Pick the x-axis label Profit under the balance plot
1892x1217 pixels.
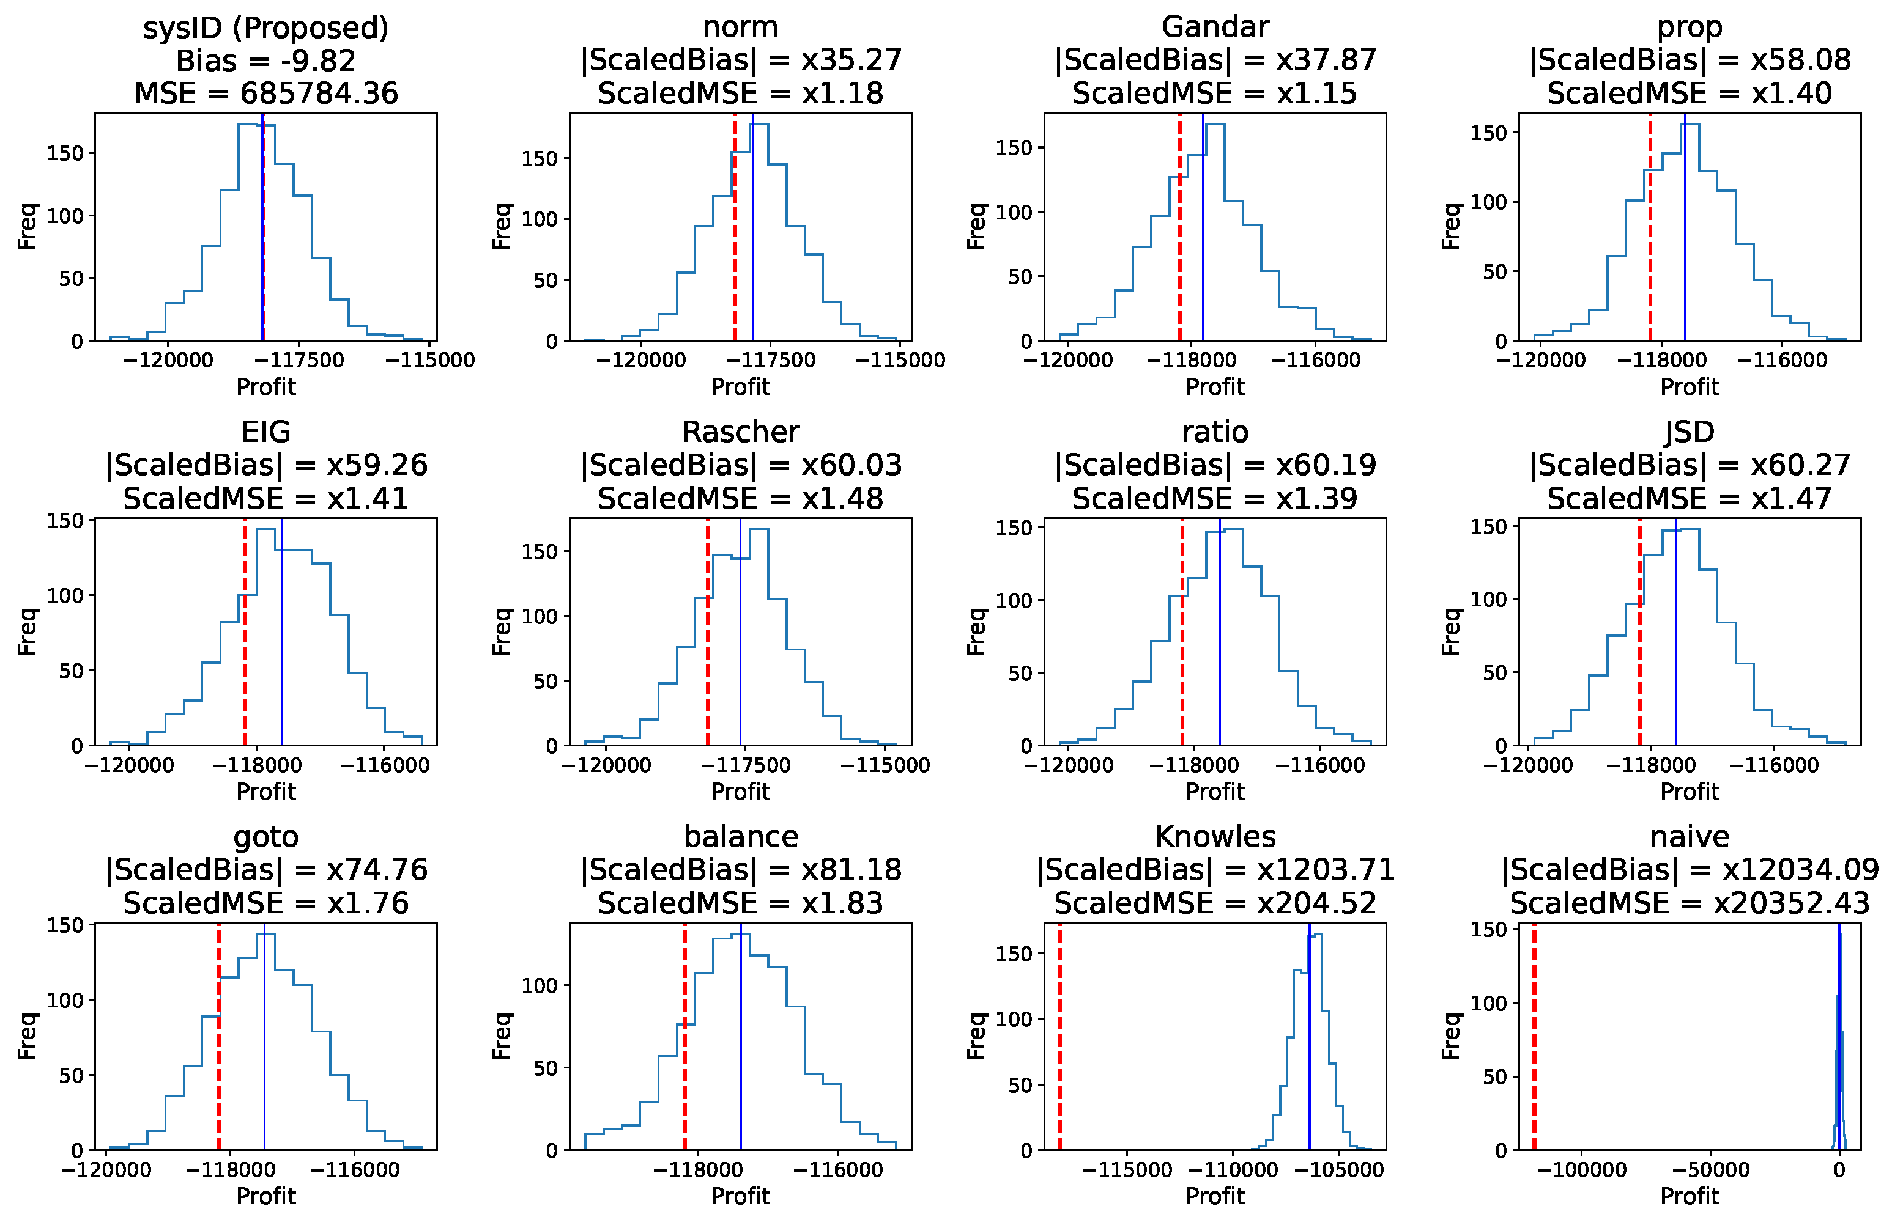click(740, 1196)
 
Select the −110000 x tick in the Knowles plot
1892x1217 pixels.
click(1233, 1169)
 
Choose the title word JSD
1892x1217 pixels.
click(1689, 432)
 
